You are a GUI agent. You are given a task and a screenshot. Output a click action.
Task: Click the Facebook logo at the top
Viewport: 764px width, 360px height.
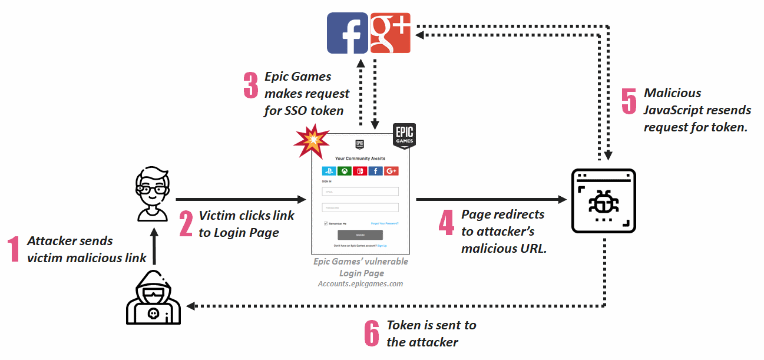[348, 33]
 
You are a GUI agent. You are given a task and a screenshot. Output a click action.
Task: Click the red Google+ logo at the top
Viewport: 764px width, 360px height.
[391, 33]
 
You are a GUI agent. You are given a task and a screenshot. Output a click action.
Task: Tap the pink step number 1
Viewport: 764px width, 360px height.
[14, 249]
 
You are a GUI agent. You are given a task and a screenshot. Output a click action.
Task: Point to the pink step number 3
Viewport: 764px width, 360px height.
[251, 85]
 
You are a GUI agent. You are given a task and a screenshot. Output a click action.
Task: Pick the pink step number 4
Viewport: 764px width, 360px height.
[447, 222]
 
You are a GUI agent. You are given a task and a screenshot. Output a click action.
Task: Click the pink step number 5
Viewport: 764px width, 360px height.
[630, 101]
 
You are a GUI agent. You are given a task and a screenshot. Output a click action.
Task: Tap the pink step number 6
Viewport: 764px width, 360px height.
[372, 333]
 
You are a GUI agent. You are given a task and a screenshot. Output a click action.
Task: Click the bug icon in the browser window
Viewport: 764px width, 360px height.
[604, 201]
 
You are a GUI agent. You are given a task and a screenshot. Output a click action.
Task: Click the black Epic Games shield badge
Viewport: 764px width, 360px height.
[404, 136]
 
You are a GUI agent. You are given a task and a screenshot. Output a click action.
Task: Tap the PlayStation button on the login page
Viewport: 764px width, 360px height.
[329, 171]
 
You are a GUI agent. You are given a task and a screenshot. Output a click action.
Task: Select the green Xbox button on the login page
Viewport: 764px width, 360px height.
[345, 171]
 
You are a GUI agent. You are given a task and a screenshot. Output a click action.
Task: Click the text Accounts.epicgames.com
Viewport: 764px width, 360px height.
[360, 284]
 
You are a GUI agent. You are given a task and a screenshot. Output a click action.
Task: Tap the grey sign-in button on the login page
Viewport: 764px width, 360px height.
[360, 235]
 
